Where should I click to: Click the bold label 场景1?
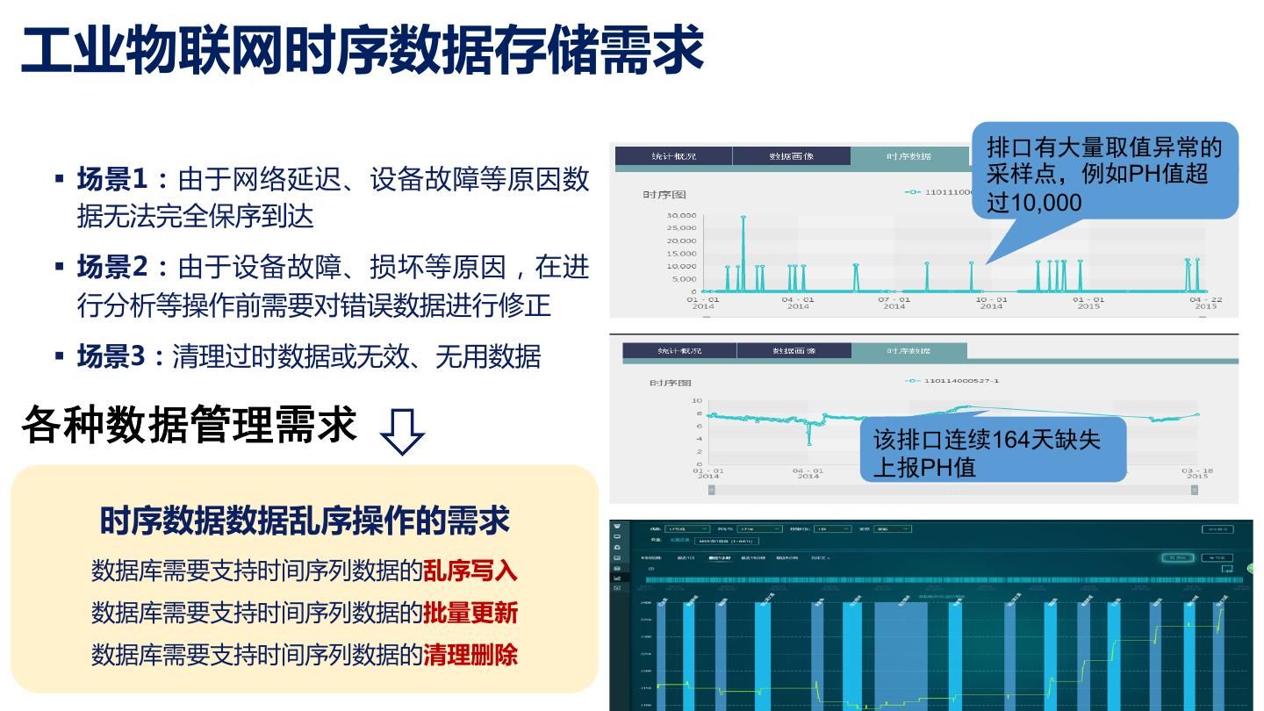pyautogui.click(x=111, y=179)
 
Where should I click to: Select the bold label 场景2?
pyautogui.click(x=111, y=266)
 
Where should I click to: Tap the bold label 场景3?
pyautogui.click(x=111, y=356)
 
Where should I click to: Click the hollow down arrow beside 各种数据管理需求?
pyautogui.click(x=402, y=432)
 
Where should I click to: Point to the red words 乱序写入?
pyautogui.click(x=470, y=571)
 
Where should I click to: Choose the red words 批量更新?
pyautogui.click(x=470, y=613)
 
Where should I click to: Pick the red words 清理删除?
pyautogui.click(x=470, y=655)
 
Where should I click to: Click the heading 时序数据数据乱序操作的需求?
pyautogui.click(x=304, y=521)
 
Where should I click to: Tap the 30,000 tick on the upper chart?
pyautogui.click(x=681, y=216)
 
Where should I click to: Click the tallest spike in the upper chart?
pyautogui.click(x=743, y=218)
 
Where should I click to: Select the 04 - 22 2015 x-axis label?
pyautogui.click(x=1206, y=303)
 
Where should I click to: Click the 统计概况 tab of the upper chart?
pyautogui.click(x=673, y=156)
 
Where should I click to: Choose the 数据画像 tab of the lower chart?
pyautogui.click(x=794, y=351)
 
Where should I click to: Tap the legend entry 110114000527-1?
pyautogui.click(x=960, y=381)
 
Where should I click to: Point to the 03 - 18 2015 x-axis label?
pyautogui.click(x=1196, y=474)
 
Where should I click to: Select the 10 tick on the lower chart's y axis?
pyautogui.click(x=698, y=401)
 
